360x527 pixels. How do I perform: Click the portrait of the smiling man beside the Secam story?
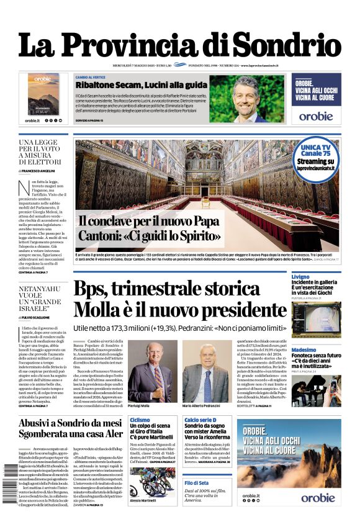(x=246, y=98)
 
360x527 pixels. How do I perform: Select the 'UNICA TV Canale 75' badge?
(x=320, y=151)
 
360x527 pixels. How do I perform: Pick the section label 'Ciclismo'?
(x=140, y=420)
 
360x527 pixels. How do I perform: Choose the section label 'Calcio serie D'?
(x=200, y=420)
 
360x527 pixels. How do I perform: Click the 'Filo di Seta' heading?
(x=196, y=482)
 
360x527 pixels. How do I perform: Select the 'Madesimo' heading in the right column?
(x=304, y=349)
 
